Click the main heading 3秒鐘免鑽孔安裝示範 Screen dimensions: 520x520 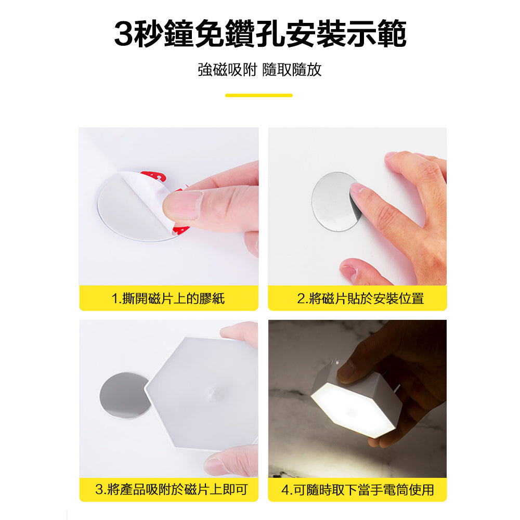click(260, 34)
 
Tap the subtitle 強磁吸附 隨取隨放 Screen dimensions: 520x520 click(259, 70)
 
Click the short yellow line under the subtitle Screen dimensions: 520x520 click(258, 95)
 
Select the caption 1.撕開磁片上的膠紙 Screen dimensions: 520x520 click(168, 298)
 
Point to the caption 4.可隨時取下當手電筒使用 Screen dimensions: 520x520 click(357, 489)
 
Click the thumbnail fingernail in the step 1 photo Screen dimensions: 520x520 click(183, 204)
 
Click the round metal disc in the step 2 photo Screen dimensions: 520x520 click(333, 200)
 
